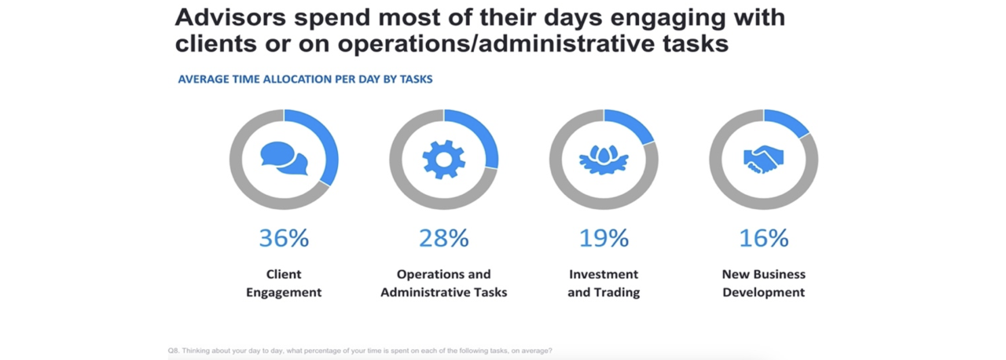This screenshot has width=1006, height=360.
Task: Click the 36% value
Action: [x=284, y=238]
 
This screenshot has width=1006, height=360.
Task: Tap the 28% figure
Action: [x=444, y=238]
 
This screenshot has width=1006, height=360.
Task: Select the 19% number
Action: [x=604, y=238]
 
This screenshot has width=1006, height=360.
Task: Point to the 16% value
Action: [x=763, y=238]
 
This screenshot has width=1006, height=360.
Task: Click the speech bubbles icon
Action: [x=285, y=159]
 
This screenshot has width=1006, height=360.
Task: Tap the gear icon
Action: [x=444, y=160]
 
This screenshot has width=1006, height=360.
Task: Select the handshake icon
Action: [x=763, y=160]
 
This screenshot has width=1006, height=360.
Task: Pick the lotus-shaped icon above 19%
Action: [x=604, y=160]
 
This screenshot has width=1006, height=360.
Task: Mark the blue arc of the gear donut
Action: [x=485, y=134]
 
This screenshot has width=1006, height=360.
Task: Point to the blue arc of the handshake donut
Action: [x=789, y=121]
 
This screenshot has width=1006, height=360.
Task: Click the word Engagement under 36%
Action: [x=284, y=292]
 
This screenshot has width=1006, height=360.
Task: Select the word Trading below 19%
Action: [x=617, y=292]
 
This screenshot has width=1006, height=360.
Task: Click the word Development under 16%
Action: [x=763, y=292]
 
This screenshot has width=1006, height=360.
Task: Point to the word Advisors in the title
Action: [x=230, y=17]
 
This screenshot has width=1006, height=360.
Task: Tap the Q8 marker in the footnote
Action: [x=174, y=351]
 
